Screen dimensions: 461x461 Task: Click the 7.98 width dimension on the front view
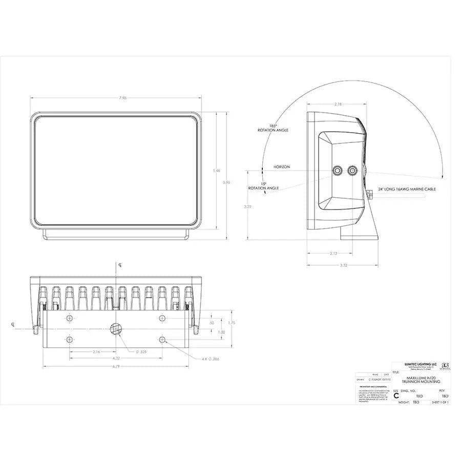116,98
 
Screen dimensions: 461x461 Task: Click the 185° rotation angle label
273,128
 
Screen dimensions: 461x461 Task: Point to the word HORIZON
281,167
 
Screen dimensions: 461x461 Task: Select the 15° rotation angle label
263,186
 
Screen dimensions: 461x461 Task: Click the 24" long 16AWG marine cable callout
407,189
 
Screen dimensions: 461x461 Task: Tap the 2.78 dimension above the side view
338,104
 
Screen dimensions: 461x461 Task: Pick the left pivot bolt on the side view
338,171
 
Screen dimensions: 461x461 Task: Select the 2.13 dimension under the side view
333,253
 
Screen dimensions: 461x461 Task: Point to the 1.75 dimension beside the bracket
232,323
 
